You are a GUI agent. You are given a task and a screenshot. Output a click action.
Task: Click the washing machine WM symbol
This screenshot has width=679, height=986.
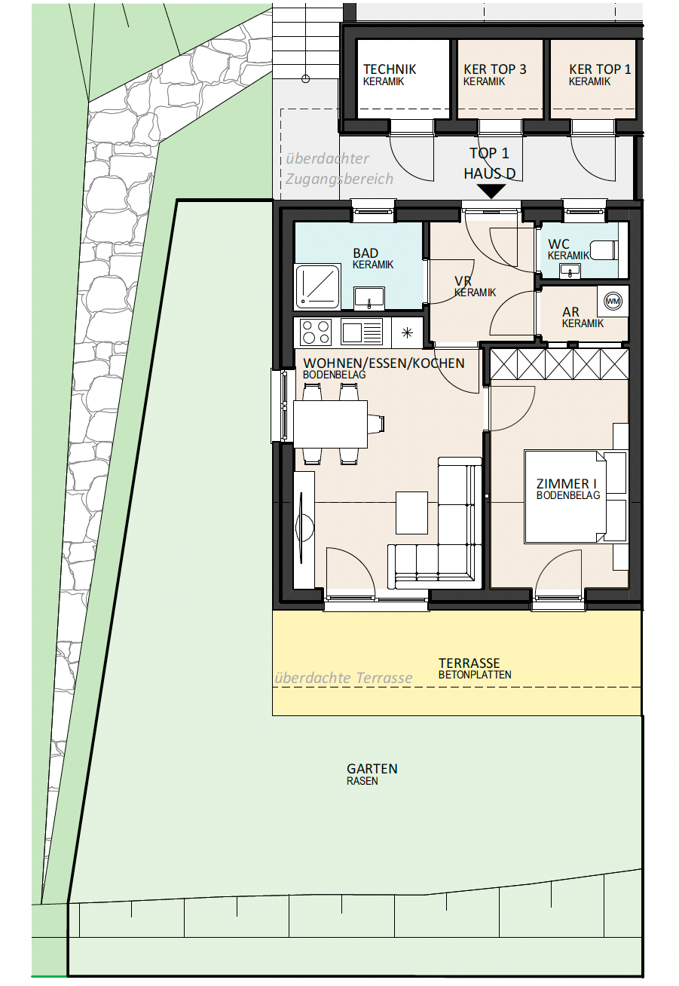pos(613,301)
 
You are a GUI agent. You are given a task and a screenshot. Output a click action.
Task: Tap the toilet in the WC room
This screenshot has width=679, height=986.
pos(604,250)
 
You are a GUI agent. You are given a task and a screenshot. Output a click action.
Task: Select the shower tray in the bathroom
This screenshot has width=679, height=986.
pos(318,286)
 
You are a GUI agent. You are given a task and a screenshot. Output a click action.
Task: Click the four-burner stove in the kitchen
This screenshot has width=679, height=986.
pos(316,332)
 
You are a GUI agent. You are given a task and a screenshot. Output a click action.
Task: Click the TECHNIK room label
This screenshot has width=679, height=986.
pos(390,69)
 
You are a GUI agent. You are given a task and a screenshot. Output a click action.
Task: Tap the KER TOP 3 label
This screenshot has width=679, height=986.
pos(494,69)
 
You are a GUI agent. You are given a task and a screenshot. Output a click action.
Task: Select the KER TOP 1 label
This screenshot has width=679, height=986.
pos(600,69)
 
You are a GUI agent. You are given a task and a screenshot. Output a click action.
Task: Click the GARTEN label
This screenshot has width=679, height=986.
pos(372,769)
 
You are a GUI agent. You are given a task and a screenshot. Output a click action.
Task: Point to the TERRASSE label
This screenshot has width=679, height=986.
pos(469,663)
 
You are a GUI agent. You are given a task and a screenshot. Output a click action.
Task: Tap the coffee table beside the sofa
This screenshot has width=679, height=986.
pos(412,513)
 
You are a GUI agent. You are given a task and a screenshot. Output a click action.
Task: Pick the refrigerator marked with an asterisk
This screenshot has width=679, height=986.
pos(407,332)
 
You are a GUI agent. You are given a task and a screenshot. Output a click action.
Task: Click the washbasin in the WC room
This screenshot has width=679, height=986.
pos(570,271)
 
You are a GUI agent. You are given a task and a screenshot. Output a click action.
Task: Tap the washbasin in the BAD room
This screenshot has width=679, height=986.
pos(369,299)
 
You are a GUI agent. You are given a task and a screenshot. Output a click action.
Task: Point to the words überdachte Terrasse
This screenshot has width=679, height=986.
pos(344,678)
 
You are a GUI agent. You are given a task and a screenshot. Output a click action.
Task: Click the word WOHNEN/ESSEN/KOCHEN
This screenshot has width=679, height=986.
pos(384,363)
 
